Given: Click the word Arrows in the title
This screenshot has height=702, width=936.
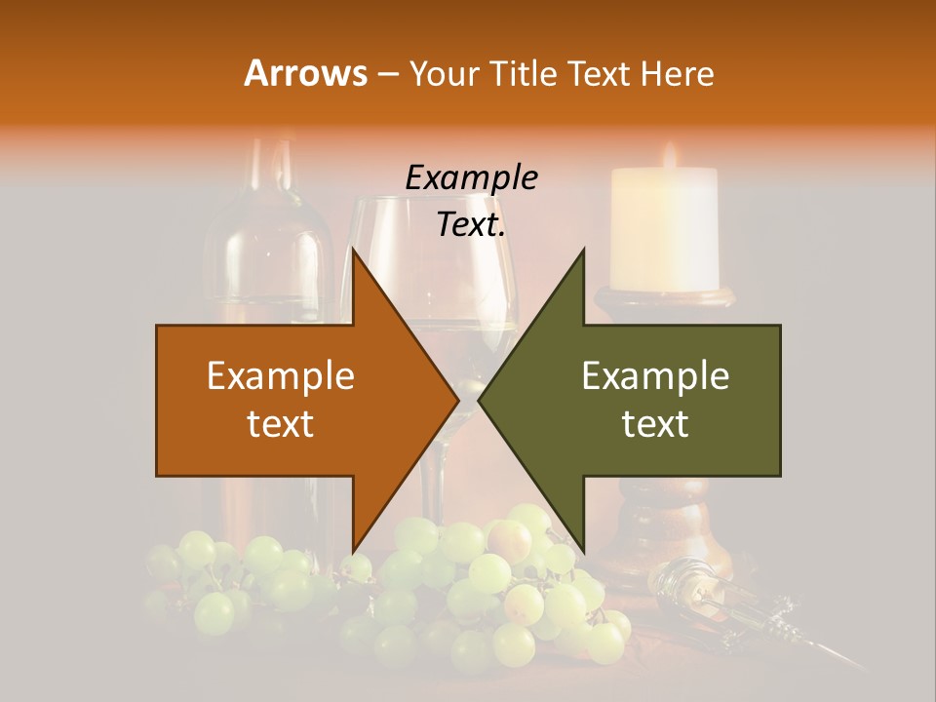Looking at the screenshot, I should pos(305,73).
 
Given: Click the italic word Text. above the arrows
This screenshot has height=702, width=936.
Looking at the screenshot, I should pos(471,225).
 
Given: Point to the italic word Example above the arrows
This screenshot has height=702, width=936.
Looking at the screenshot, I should pos(471,178).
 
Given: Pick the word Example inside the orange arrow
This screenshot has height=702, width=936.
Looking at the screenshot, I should pos(281,375).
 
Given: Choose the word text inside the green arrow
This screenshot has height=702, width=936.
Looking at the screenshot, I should pos(655,423).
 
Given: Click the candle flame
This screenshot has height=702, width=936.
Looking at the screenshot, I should pos(670,155).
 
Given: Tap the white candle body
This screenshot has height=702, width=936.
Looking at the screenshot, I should pos(664,229).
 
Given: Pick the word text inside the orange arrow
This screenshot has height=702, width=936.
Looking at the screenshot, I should pos(281,423).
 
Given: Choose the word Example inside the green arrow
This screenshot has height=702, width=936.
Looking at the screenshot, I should pos(655,375).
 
